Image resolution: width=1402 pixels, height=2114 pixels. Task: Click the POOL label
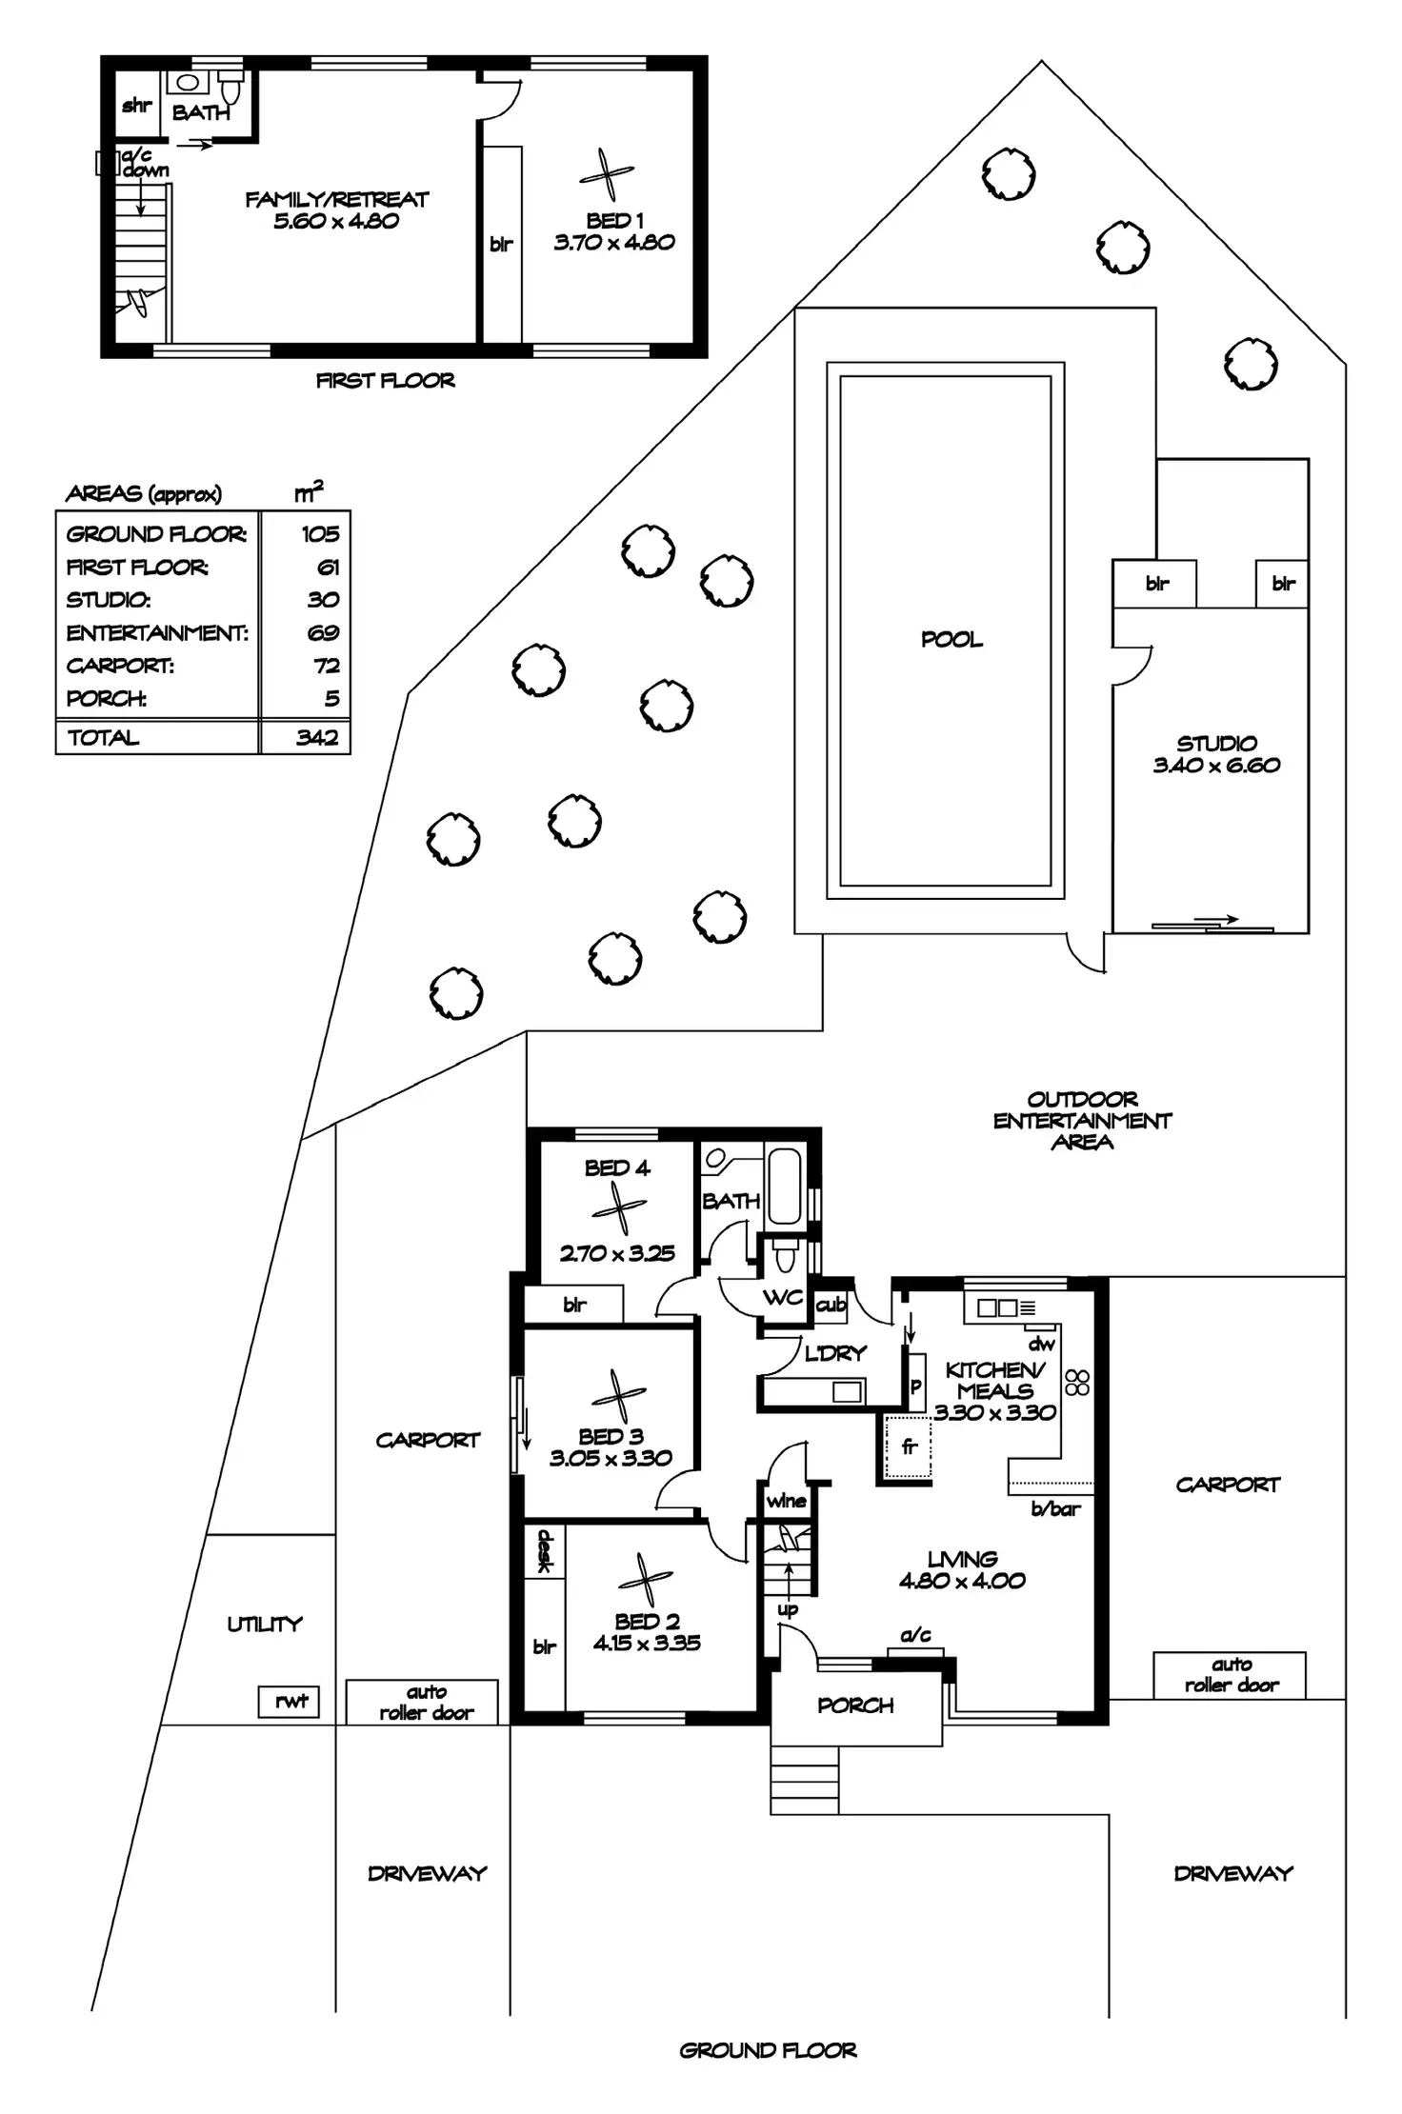(951, 640)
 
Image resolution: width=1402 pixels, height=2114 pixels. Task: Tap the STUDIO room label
(1216, 743)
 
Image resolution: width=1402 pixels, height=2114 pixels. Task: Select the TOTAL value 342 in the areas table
(316, 737)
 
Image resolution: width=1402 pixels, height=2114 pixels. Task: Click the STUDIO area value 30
(323, 599)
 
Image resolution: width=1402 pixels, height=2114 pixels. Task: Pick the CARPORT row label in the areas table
(120, 666)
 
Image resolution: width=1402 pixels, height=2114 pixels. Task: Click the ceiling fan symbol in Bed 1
(606, 175)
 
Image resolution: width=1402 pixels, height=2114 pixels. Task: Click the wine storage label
(786, 1501)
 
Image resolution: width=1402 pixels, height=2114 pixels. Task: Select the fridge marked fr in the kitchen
(909, 1447)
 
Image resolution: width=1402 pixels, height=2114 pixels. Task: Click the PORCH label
(855, 1705)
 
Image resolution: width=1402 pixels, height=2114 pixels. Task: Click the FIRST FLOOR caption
(385, 381)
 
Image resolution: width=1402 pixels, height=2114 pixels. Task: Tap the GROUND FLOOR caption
(768, 2050)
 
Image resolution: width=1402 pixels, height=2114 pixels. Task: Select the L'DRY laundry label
(835, 1353)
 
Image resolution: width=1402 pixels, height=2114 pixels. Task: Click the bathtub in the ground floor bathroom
(784, 1186)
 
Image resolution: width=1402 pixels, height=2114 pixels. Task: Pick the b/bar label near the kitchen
(1055, 1508)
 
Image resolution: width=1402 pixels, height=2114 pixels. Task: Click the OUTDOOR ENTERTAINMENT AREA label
(1082, 1120)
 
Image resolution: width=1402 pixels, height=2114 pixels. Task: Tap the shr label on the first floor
(136, 105)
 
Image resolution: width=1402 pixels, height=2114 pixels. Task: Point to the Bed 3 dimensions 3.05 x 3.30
(611, 1457)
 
